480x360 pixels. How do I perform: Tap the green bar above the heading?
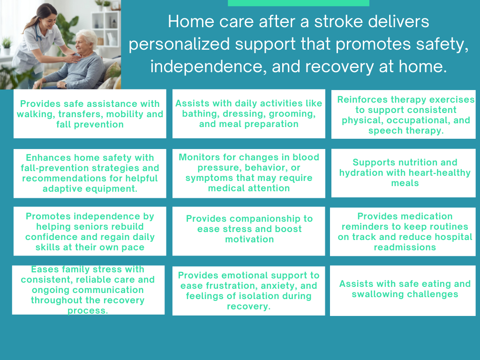pyautogui.click(x=298, y=3)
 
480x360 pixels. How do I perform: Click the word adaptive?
pyautogui.click(x=66, y=188)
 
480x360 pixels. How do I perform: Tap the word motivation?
pyautogui.click(x=249, y=239)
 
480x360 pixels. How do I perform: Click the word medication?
pyautogui.click(x=405, y=216)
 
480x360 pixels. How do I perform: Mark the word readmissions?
pyautogui.click(x=405, y=247)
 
